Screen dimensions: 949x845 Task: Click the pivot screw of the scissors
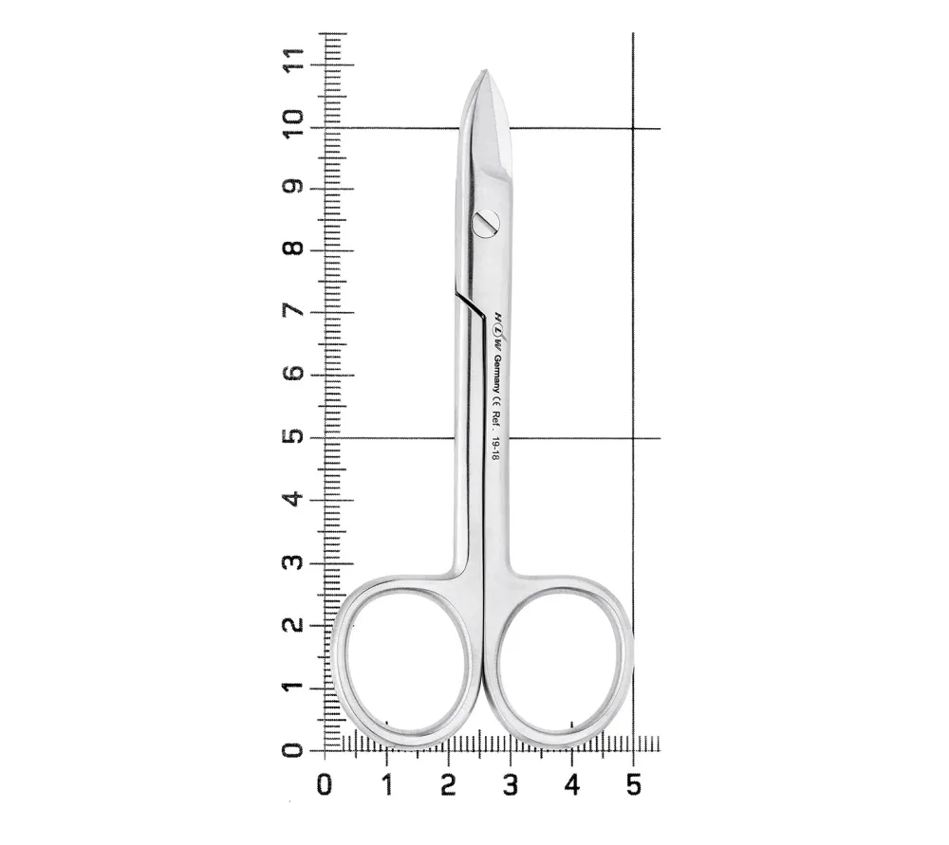coord(486,223)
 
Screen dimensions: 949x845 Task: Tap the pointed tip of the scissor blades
coord(485,70)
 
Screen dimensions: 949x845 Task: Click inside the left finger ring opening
coord(407,663)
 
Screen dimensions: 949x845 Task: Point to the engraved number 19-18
coord(494,450)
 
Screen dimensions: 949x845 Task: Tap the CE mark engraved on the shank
coord(495,401)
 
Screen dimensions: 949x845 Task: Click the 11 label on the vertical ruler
coord(294,60)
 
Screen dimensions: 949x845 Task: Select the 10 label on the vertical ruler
coord(294,123)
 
